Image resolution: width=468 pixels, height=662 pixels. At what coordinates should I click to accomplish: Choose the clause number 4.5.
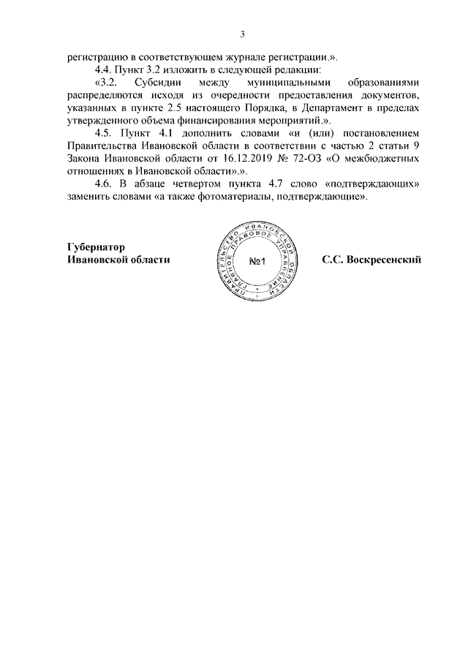pyautogui.click(x=106, y=133)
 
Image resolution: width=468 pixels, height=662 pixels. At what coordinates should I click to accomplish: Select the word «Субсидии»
pyautogui.click(x=157, y=83)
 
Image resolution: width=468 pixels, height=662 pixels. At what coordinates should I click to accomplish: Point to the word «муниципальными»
pyautogui.click(x=283, y=83)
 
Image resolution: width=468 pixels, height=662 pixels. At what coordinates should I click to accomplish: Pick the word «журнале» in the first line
pyautogui.click(x=241, y=57)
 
